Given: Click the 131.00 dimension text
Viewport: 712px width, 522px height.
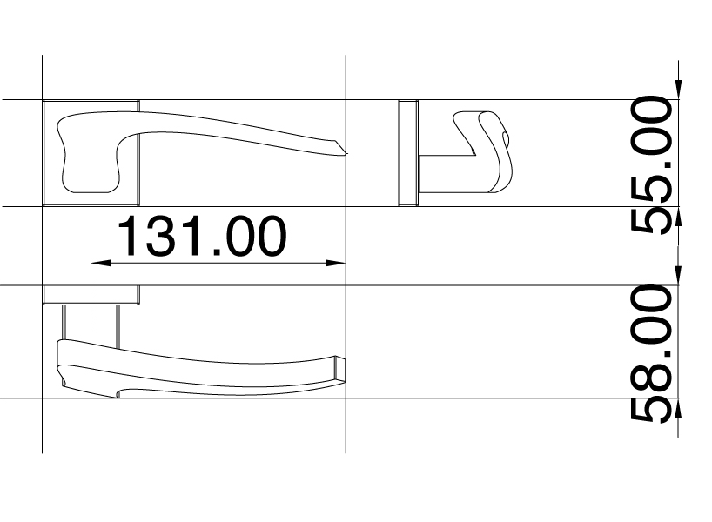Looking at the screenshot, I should pos(201,237).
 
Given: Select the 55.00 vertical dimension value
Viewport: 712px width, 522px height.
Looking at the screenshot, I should pos(651,165).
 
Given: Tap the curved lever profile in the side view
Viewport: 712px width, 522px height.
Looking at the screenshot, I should pos(487,152).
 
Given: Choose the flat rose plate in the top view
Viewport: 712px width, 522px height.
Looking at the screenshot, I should pos(92,295).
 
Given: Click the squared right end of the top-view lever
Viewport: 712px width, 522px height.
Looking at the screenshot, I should pos(339,369).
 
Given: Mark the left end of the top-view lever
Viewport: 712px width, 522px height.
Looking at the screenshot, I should pos(61,361).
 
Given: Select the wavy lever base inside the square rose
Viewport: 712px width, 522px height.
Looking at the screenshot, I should pos(87,157).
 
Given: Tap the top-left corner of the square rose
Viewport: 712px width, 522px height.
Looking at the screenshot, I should pos(44,101).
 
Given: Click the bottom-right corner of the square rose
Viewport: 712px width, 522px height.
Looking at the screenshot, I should pos(139,205).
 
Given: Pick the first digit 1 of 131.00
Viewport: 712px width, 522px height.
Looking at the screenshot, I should pos(129,237).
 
